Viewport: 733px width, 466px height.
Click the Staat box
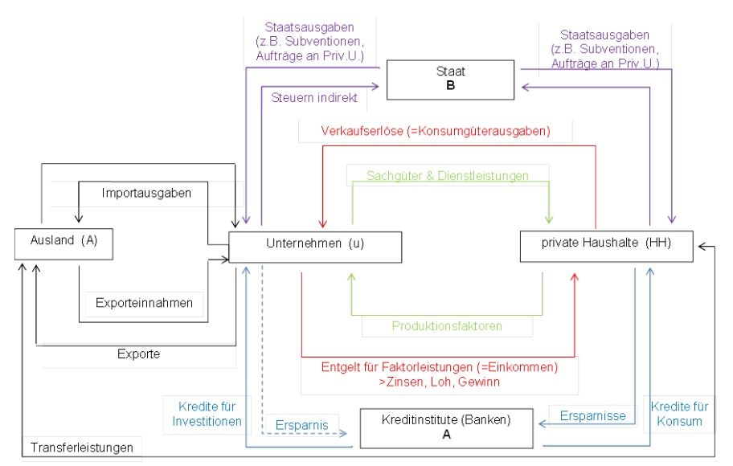[x=450, y=79]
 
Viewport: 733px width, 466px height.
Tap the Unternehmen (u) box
[x=314, y=247]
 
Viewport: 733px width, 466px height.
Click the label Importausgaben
[x=141, y=194]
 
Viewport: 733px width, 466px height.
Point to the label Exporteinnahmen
[x=145, y=304]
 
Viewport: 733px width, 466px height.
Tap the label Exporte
[x=139, y=354]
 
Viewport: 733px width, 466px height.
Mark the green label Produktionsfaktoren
[x=447, y=326]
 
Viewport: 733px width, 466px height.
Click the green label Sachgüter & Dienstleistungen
[x=447, y=175]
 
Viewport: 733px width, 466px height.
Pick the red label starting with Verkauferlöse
[x=435, y=130]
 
